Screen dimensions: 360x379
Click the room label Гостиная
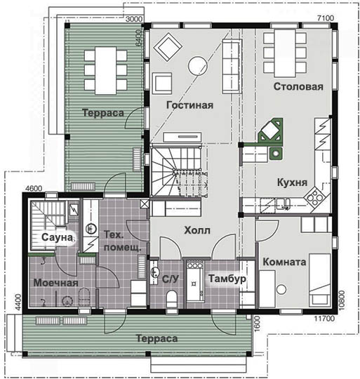(x=190, y=105)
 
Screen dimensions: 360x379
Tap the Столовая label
(x=298, y=86)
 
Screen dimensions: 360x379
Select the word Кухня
(x=292, y=182)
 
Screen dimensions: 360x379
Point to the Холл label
(x=197, y=230)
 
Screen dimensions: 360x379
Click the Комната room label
(x=284, y=262)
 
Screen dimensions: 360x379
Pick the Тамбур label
(x=227, y=279)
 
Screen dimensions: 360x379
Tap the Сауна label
(x=57, y=237)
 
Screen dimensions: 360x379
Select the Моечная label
(x=56, y=283)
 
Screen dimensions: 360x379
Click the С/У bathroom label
(x=171, y=279)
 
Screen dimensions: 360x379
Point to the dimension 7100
(x=326, y=18)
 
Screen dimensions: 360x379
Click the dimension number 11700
(x=324, y=319)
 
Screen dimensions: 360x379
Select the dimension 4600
(x=34, y=188)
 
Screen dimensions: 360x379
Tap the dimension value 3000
(x=134, y=19)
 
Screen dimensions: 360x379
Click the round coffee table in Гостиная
(x=198, y=66)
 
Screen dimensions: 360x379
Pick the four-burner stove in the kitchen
(x=314, y=197)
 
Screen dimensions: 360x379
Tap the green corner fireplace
(x=269, y=133)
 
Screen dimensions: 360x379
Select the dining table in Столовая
(x=285, y=53)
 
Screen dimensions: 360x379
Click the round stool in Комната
(x=281, y=290)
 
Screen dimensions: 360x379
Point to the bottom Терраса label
(x=157, y=338)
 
